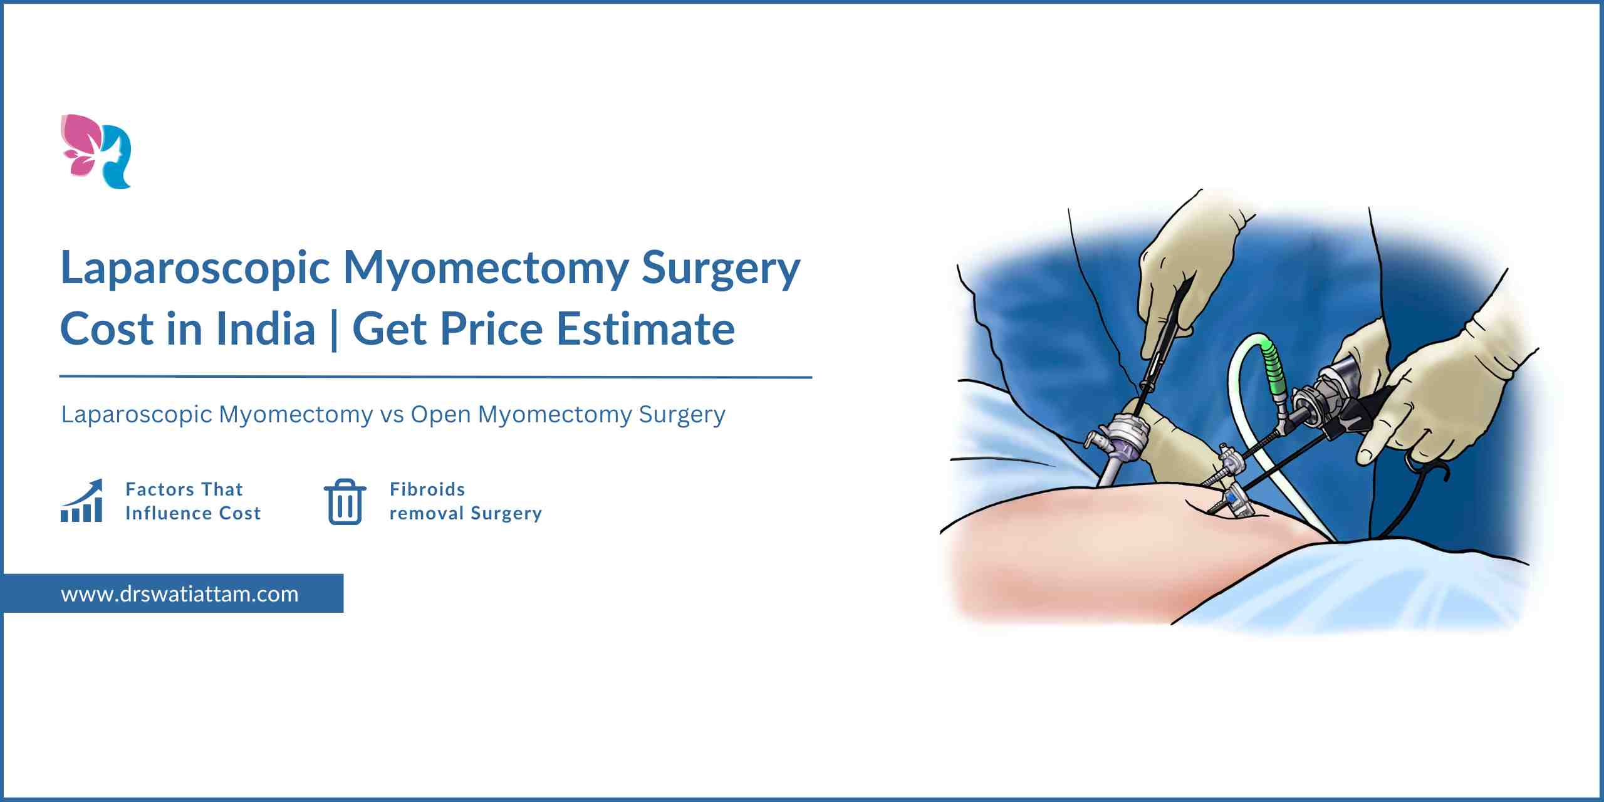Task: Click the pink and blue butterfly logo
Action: point(96,152)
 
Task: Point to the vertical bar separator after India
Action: point(333,330)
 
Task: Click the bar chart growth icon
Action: point(81,501)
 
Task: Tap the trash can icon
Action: point(345,501)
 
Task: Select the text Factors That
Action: point(184,489)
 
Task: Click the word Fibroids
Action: point(427,489)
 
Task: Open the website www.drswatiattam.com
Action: point(180,594)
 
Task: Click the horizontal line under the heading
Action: point(435,377)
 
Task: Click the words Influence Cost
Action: point(193,513)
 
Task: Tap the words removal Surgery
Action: point(466,514)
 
